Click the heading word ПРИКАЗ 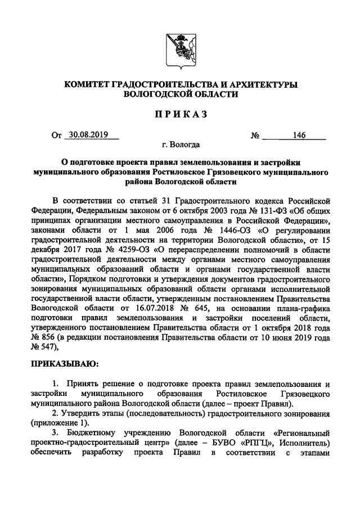click(180, 114)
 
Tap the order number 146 click(299, 136)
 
